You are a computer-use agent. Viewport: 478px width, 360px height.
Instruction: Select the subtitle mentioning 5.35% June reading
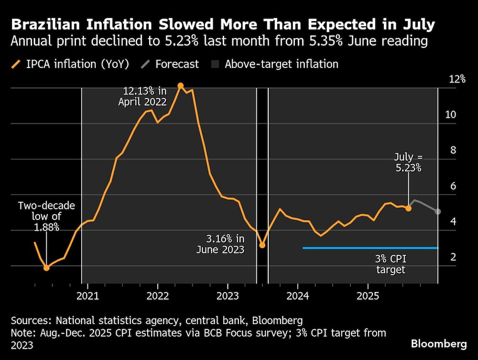pyautogui.click(x=219, y=41)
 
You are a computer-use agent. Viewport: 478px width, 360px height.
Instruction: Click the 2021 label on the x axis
pyautogui.click(x=87, y=296)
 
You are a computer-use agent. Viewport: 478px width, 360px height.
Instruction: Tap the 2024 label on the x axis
pyautogui.click(x=298, y=296)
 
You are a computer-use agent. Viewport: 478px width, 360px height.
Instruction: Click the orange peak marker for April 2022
pyautogui.click(x=181, y=86)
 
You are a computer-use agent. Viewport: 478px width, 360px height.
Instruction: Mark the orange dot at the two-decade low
pyautogui.click(x=46, y=268)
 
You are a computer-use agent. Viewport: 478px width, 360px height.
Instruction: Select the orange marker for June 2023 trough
pyautogui.click(x=262, y=245)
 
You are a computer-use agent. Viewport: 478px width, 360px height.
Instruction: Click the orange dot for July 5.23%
pyautogui.click(x=408, y=208)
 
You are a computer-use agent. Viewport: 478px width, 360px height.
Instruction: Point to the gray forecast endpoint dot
pyautogui.click(x=438, y=211)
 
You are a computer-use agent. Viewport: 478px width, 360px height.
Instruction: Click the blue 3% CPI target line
pyautogui.click(x=370, y=248)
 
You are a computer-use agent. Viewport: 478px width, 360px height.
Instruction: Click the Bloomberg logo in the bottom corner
pyautogui.click(x=438, y=344)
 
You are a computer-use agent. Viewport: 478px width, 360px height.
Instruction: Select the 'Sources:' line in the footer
pyautogui.click(x=157, y=320)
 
